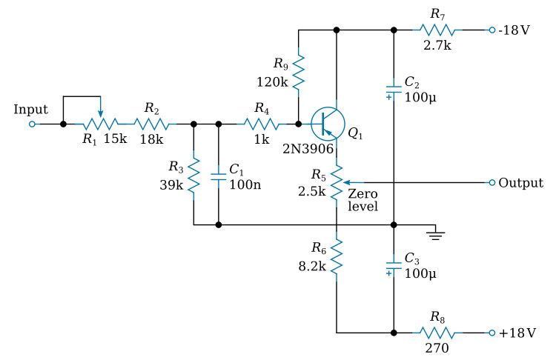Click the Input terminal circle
click(33, 124)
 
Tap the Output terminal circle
click(492, 182)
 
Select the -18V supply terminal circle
click(492, 30)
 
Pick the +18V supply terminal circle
click(492, 333)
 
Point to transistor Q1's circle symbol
click(328, 124)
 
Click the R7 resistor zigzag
click(437, 30)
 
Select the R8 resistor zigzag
click(437, 333)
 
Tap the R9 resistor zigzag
click(298, 72)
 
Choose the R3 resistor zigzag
click(193, 176)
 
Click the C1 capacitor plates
click(219, 177)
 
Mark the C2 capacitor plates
click(394, 90)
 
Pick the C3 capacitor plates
click(394, 265)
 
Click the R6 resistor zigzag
click(337, 256)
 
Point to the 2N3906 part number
click(308, 149)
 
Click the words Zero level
click(363, 200)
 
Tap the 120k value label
click(272, 82)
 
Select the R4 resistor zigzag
click(262, 124)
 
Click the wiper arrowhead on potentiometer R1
click(101, 113)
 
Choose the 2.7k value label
click(437, 45)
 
